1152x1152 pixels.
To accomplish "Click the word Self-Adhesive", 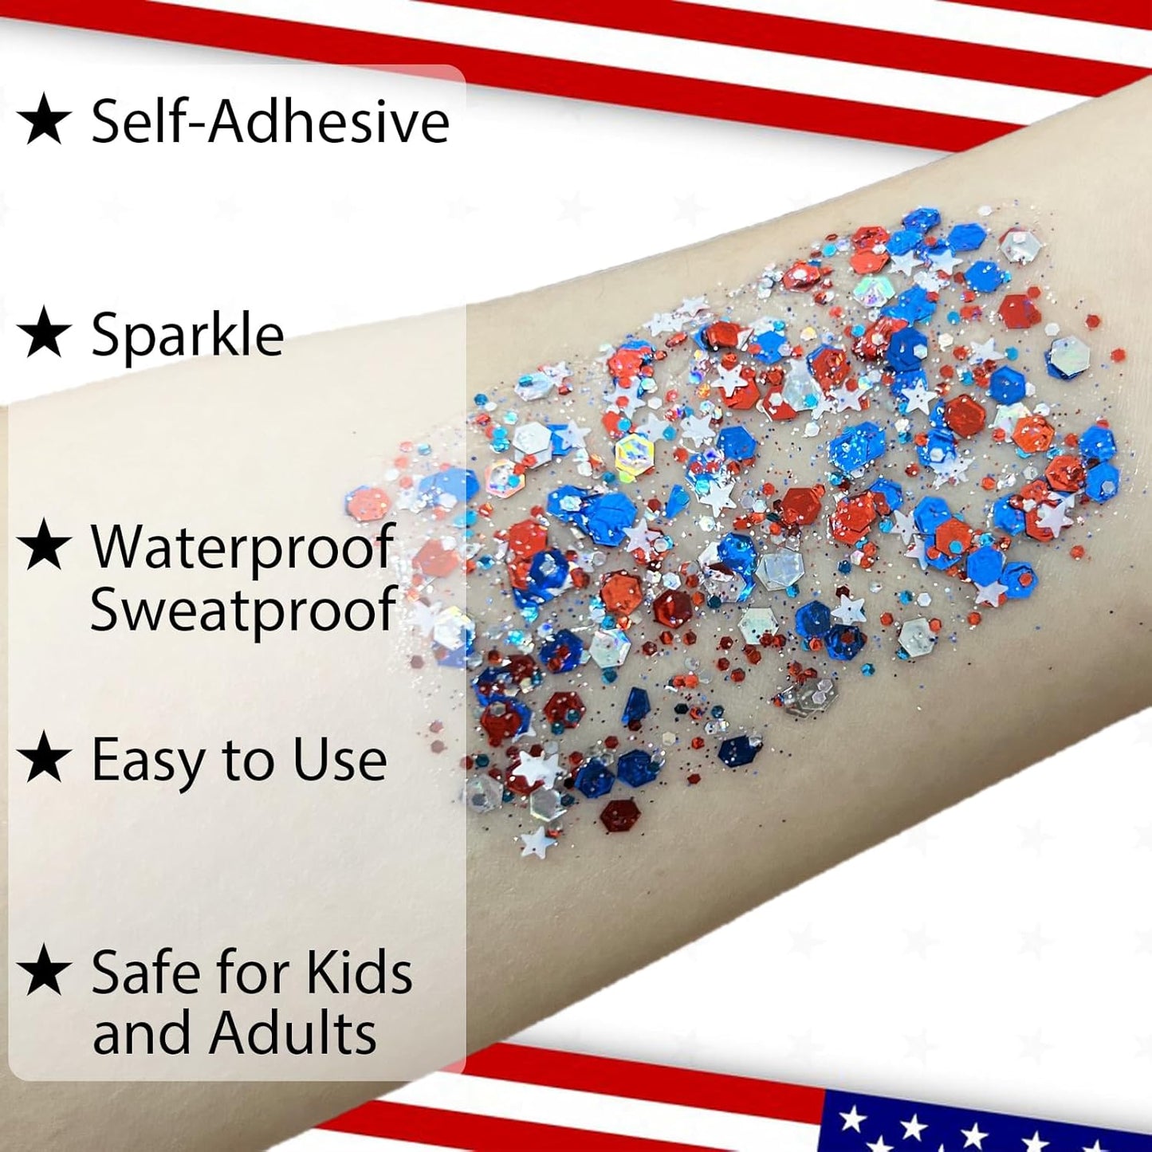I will (270, 121).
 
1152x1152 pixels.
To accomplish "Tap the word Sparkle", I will (187, 334).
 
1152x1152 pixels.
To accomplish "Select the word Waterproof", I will (242, 548).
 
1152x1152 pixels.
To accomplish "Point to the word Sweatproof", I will (242, 609).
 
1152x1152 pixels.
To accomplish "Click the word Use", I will (340, 760).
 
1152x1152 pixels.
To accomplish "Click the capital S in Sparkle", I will (107, 334).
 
